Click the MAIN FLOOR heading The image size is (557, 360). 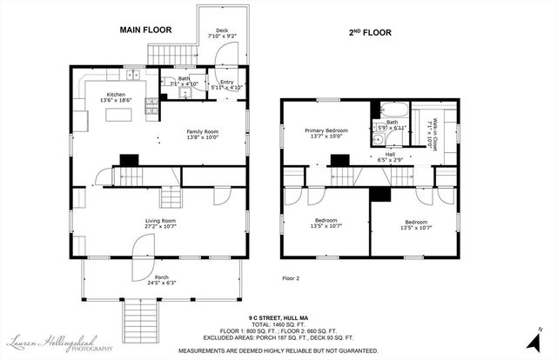pos(145,30)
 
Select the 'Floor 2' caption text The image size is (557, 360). pos(291,278)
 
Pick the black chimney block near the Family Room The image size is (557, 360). pos(129,159)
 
